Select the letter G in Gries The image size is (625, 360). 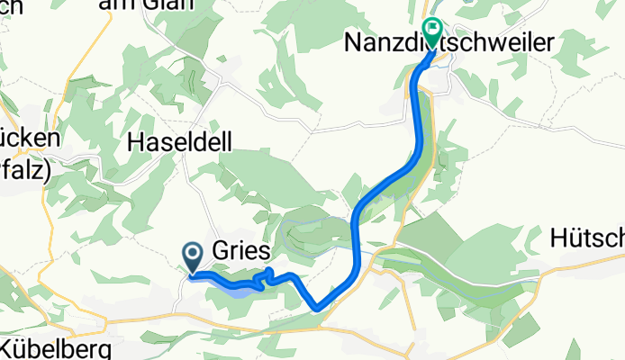(221, 250)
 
